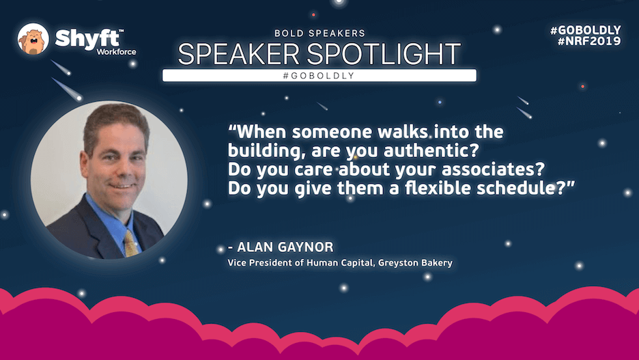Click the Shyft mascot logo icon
pyautogui.click(x=33, y=39)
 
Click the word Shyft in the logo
pyautogui.click(x=88, y=38)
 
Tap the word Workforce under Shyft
pyautogui.click(x=116, y=52)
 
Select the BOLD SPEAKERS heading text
pyautogui.click(x=319, y=33)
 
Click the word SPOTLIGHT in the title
pyautogui.click(x=384, y=54)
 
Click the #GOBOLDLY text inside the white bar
pyautogui.click(x=319, y=75)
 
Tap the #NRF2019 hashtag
pyautogui.click(x=589, y=41)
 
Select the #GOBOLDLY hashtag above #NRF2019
pyautogui.click(x=585, y=30)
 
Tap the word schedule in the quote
pyautogui.click(x=520, y=188)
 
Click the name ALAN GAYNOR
pyautogui.click(x=285, y=247)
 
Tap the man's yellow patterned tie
pyautogui.click(x=131, y=243)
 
